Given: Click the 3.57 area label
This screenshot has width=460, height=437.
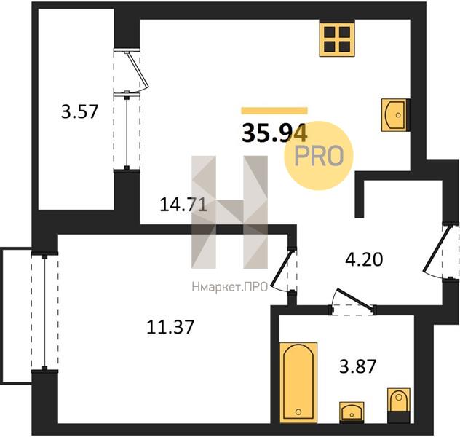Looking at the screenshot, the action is tap(79, 112).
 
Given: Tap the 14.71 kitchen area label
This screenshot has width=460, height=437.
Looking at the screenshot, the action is tap(183, 205).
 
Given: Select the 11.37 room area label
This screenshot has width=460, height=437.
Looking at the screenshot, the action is tap(170, 327).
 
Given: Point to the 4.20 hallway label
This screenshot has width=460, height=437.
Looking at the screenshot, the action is tap(364, 259).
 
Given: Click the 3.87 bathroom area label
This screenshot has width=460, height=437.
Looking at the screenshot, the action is tap(357, 366).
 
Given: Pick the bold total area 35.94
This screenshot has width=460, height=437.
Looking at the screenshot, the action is tap(274, 133).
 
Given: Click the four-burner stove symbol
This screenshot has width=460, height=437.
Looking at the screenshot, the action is tap(337, 39).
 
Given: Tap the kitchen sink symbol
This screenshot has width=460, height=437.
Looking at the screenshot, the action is tap(394, 115).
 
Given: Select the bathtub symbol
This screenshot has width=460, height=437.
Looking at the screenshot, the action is tap(298, 382).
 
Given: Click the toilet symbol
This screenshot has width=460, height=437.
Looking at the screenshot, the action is tap(399, 405).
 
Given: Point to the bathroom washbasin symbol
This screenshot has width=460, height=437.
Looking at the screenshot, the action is tap(352, 412).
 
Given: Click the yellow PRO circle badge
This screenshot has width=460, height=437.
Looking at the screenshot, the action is tap(319, 156).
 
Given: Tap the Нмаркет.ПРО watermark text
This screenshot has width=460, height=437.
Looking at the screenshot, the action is tap(230, 287).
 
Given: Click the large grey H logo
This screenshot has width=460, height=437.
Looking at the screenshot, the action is tap(230, 212).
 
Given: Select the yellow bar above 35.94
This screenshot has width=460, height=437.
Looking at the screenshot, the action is tap(274, 111).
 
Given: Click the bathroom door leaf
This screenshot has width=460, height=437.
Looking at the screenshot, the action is tap(355, 299).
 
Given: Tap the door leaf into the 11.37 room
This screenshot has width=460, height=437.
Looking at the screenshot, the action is tap(282, 268).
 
